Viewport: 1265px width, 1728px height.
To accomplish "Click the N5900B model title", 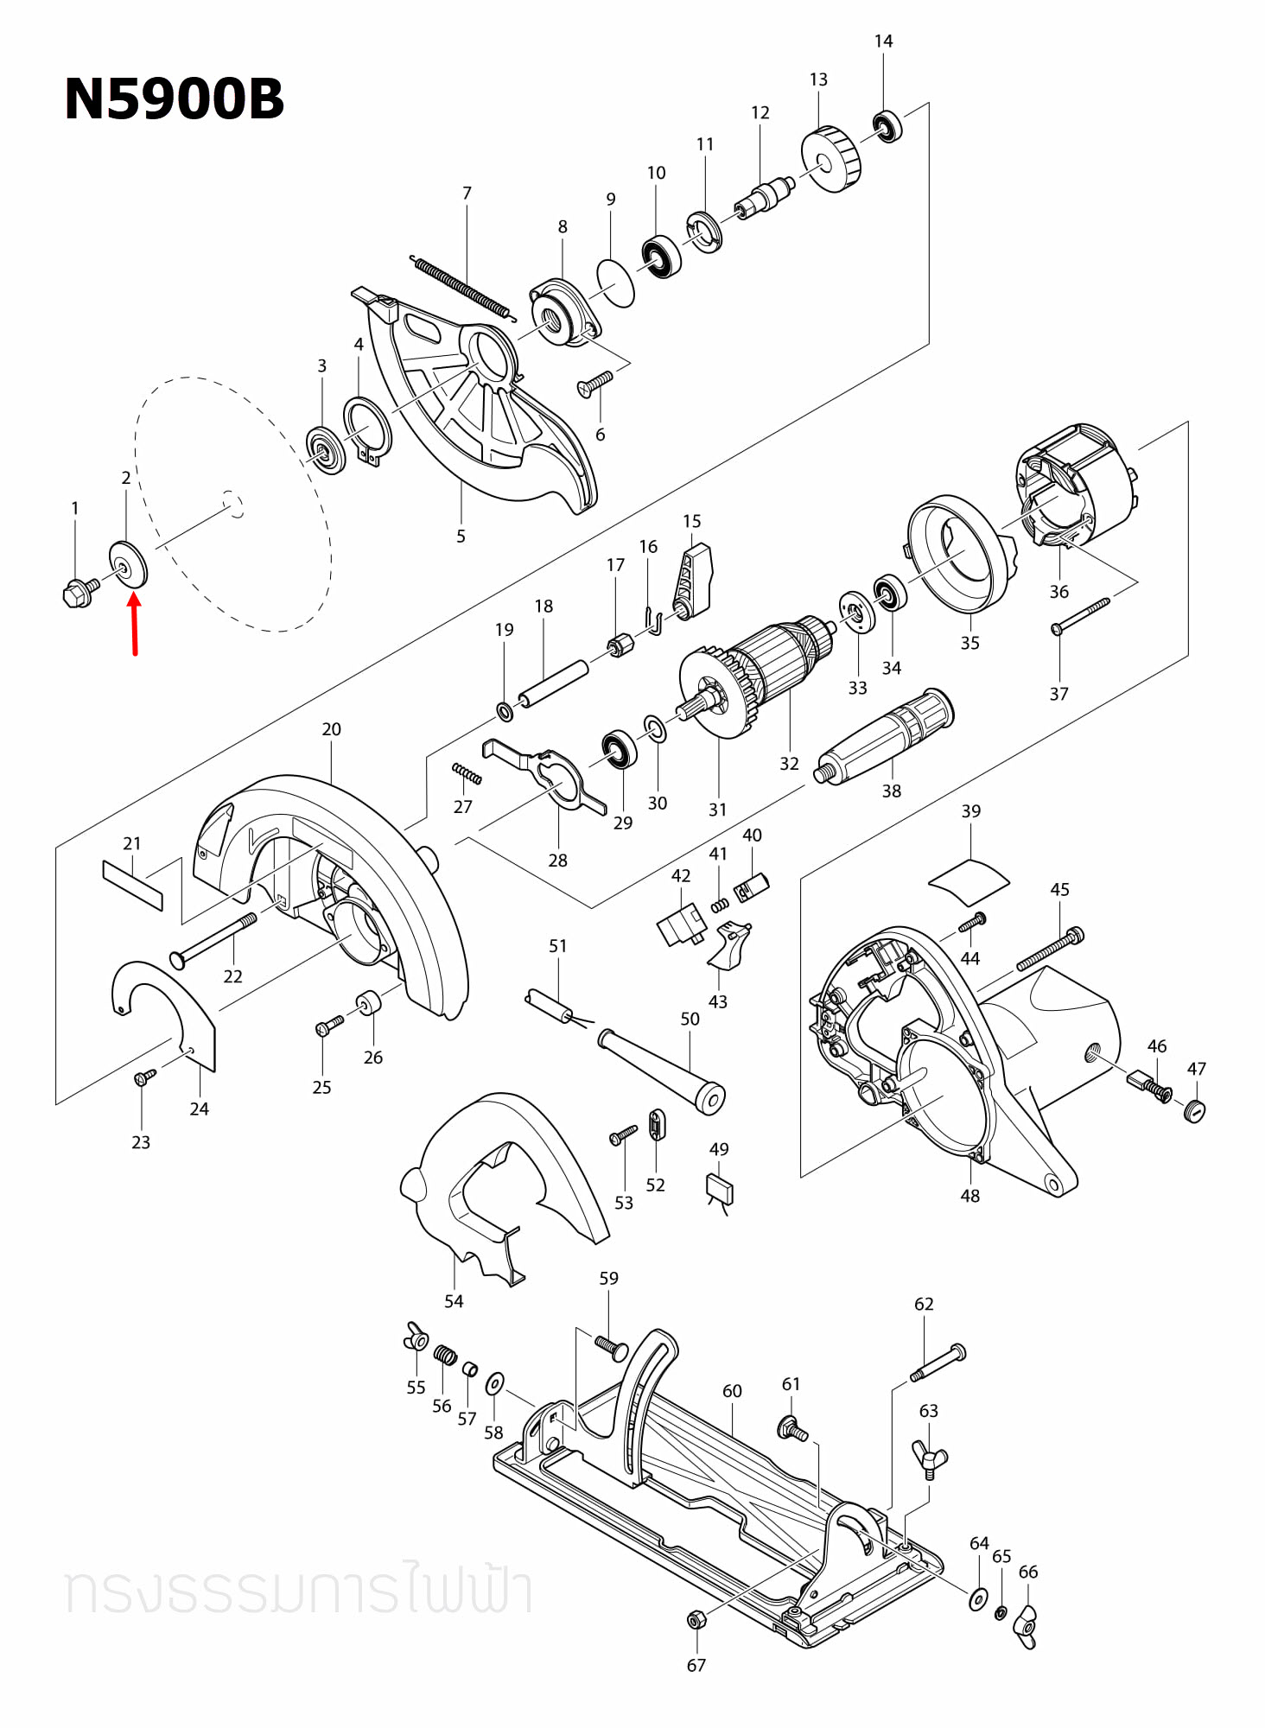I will pos(174,99).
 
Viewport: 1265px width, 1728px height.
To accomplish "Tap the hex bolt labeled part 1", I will pos(79,593).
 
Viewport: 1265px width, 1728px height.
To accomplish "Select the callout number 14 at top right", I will pos(883,41).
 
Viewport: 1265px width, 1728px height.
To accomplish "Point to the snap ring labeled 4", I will pos(367,429).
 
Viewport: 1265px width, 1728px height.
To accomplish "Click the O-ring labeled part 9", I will pos(616,283).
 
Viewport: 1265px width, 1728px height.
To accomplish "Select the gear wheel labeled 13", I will pos(831,160).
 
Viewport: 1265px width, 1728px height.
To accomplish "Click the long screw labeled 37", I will pos(1080,616).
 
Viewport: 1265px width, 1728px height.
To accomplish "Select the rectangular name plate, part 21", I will pos(132,885).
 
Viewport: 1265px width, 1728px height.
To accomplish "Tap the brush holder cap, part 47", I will pos(1195,1110).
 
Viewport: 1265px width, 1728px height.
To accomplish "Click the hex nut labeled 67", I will pos(696,1619).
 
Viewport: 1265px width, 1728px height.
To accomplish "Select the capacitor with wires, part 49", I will pos(720,1190).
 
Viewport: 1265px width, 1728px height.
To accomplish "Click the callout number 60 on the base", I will pos(732,1391).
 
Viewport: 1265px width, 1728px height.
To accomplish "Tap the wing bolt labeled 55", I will pos(416,1337).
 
